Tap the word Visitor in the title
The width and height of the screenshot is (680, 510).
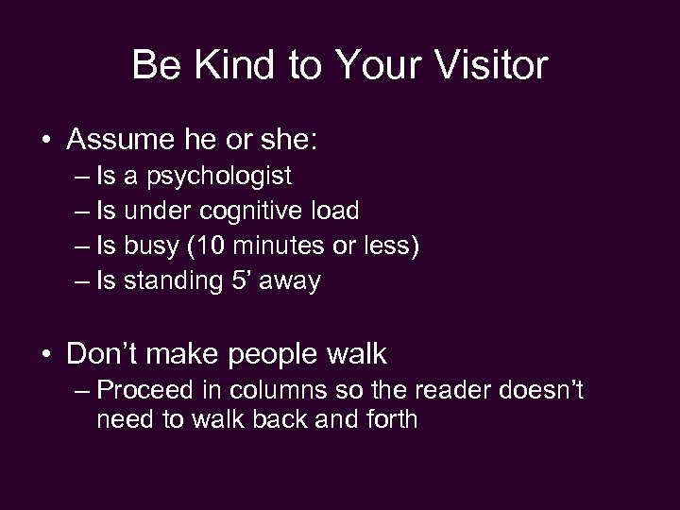point(491,65)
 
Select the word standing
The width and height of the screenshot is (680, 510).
point(178,280)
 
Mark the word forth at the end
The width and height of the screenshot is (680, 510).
point(388,419)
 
